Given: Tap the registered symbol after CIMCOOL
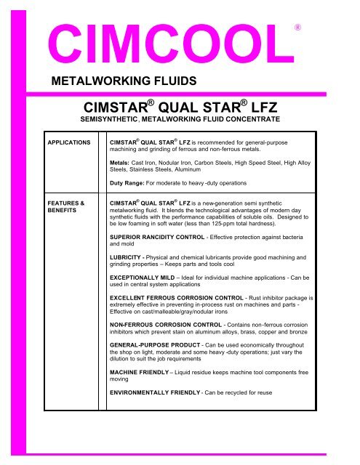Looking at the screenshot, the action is pyautogui.click(x=297, y=26).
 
